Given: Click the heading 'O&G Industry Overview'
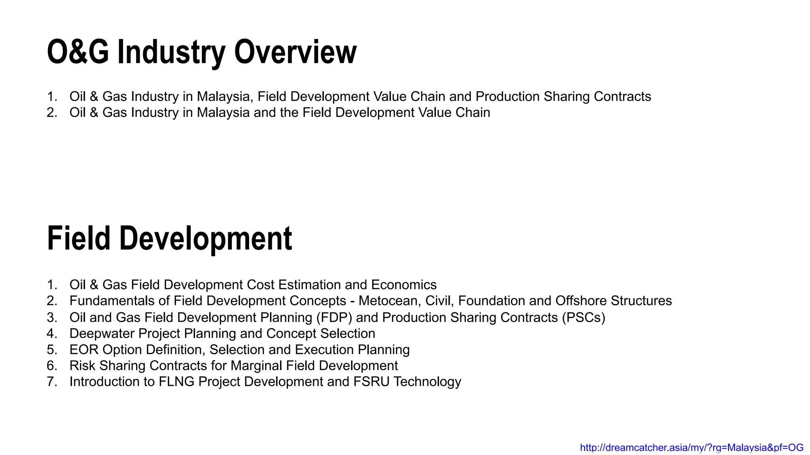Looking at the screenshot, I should pyautogui.click(x=202, y=52).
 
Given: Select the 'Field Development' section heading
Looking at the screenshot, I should pyautogui.click(x=169, y=239).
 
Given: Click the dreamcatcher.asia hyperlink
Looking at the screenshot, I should pyautogui.click(x=691, y=447).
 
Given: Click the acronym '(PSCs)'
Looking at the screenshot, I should pyautogui.click(x=583, y=318).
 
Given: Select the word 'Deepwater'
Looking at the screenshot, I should pyautogui.click(x=102, y=334).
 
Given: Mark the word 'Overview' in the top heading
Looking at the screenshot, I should pyautogui.click(x=295, y=52).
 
